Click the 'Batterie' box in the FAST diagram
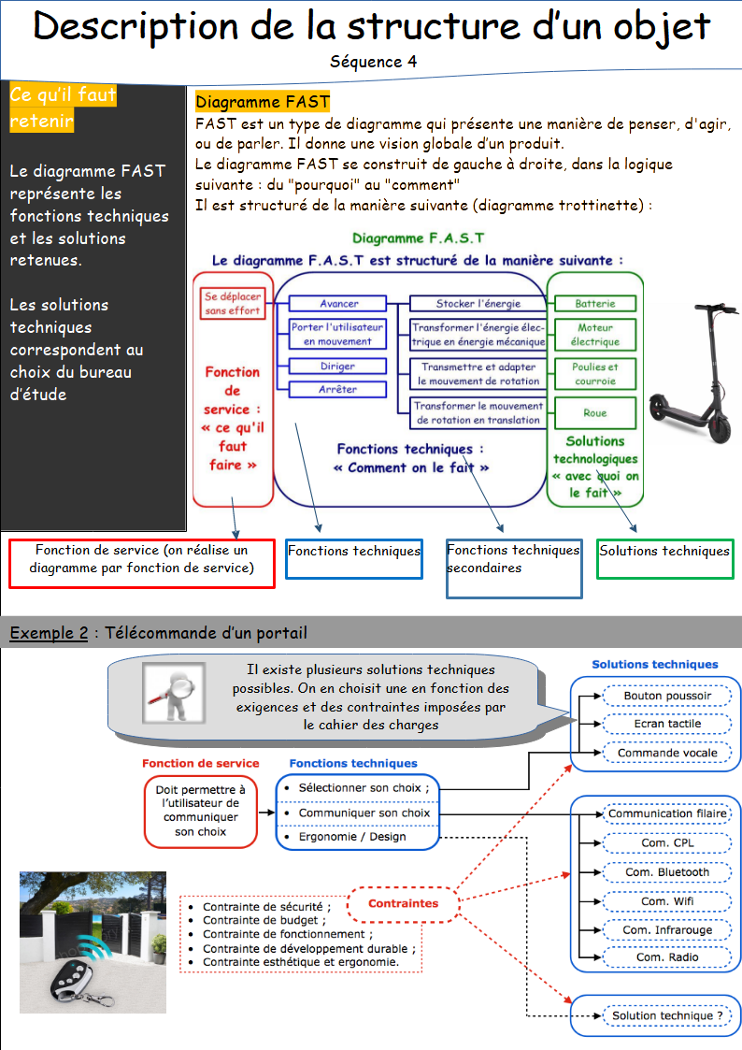(594, 304)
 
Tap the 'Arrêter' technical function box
(337, 389)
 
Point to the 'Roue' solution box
(594, 412)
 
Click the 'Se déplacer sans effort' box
(233, 304)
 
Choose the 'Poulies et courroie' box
(594, 374)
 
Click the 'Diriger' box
(337, 367)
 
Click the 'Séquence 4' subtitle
(373, 61)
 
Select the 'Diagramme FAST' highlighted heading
(263, 102)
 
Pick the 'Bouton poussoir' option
(667, 696)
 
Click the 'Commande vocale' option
(667, 753)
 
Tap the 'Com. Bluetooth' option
(667, 871)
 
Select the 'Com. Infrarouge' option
(667, 929)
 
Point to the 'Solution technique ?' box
(667, 1015)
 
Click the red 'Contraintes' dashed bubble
(403, 904)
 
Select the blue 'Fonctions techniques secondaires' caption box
(513, 568)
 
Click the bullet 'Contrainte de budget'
(252, 920)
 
